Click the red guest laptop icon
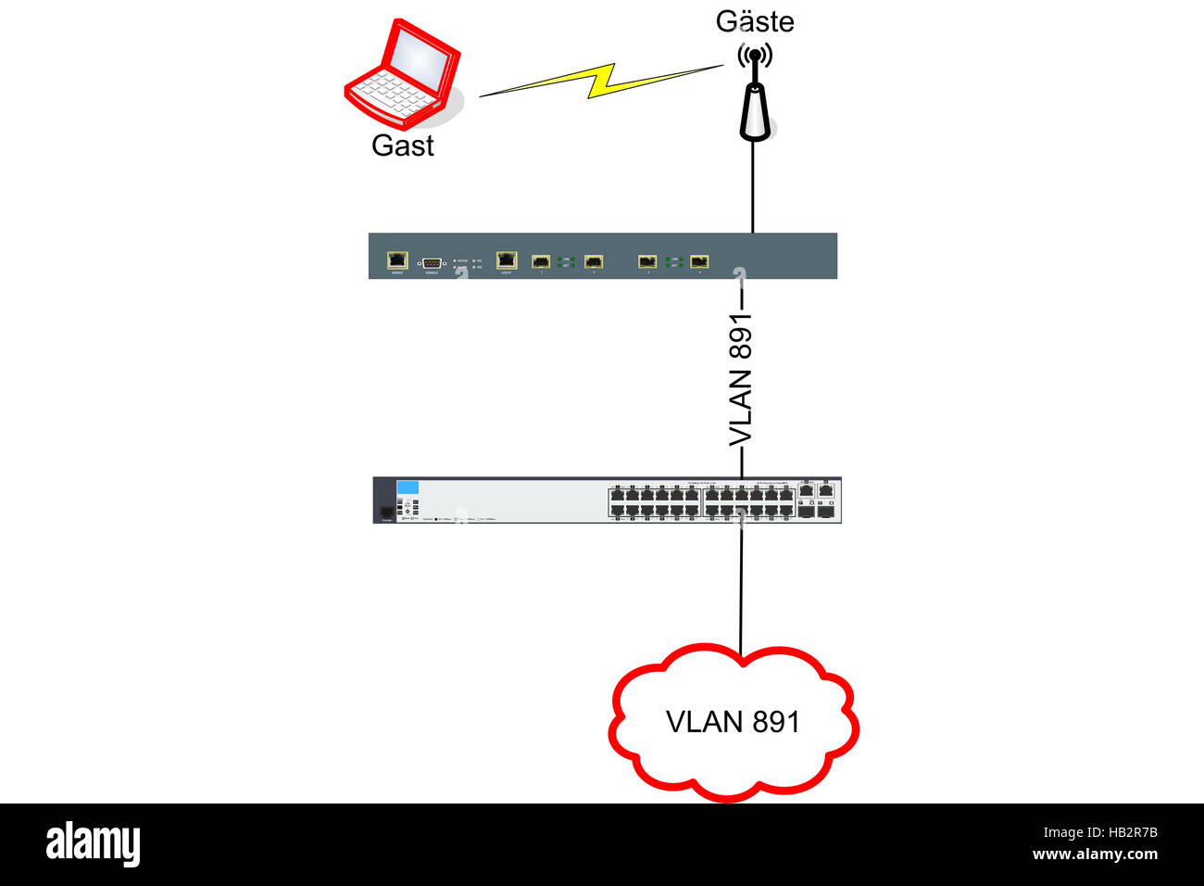(x=403, y=74)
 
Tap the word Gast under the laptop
(x=402, y=146)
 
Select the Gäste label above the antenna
(x=755, y=21)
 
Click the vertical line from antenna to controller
(x=753, y=185)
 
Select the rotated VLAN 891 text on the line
(x=740, y=380)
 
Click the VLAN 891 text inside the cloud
(x=733, y=721)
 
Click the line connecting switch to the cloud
(x=741, y=584)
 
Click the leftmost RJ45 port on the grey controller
(x=397, y=259)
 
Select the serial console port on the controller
(x=432, y=263)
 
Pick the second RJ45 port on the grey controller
(x=507, y=259)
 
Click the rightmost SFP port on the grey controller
(x=699, y=261)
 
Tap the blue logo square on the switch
(x=408, y=488)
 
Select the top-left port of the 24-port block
(x=617, y=494)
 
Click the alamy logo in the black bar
(x=93, y=843)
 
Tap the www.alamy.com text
(x=1095, y=854)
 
